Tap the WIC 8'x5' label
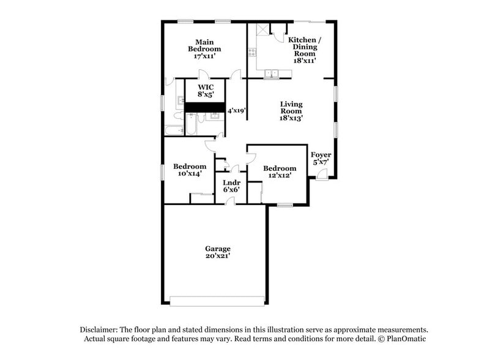205,91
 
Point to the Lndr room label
231,182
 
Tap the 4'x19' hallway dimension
236,111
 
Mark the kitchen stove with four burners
251,51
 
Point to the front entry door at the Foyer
321,176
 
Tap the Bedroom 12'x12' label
280,171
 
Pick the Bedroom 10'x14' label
189,170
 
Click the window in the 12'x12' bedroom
285,205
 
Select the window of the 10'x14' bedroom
163,172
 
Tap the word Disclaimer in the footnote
101,329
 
